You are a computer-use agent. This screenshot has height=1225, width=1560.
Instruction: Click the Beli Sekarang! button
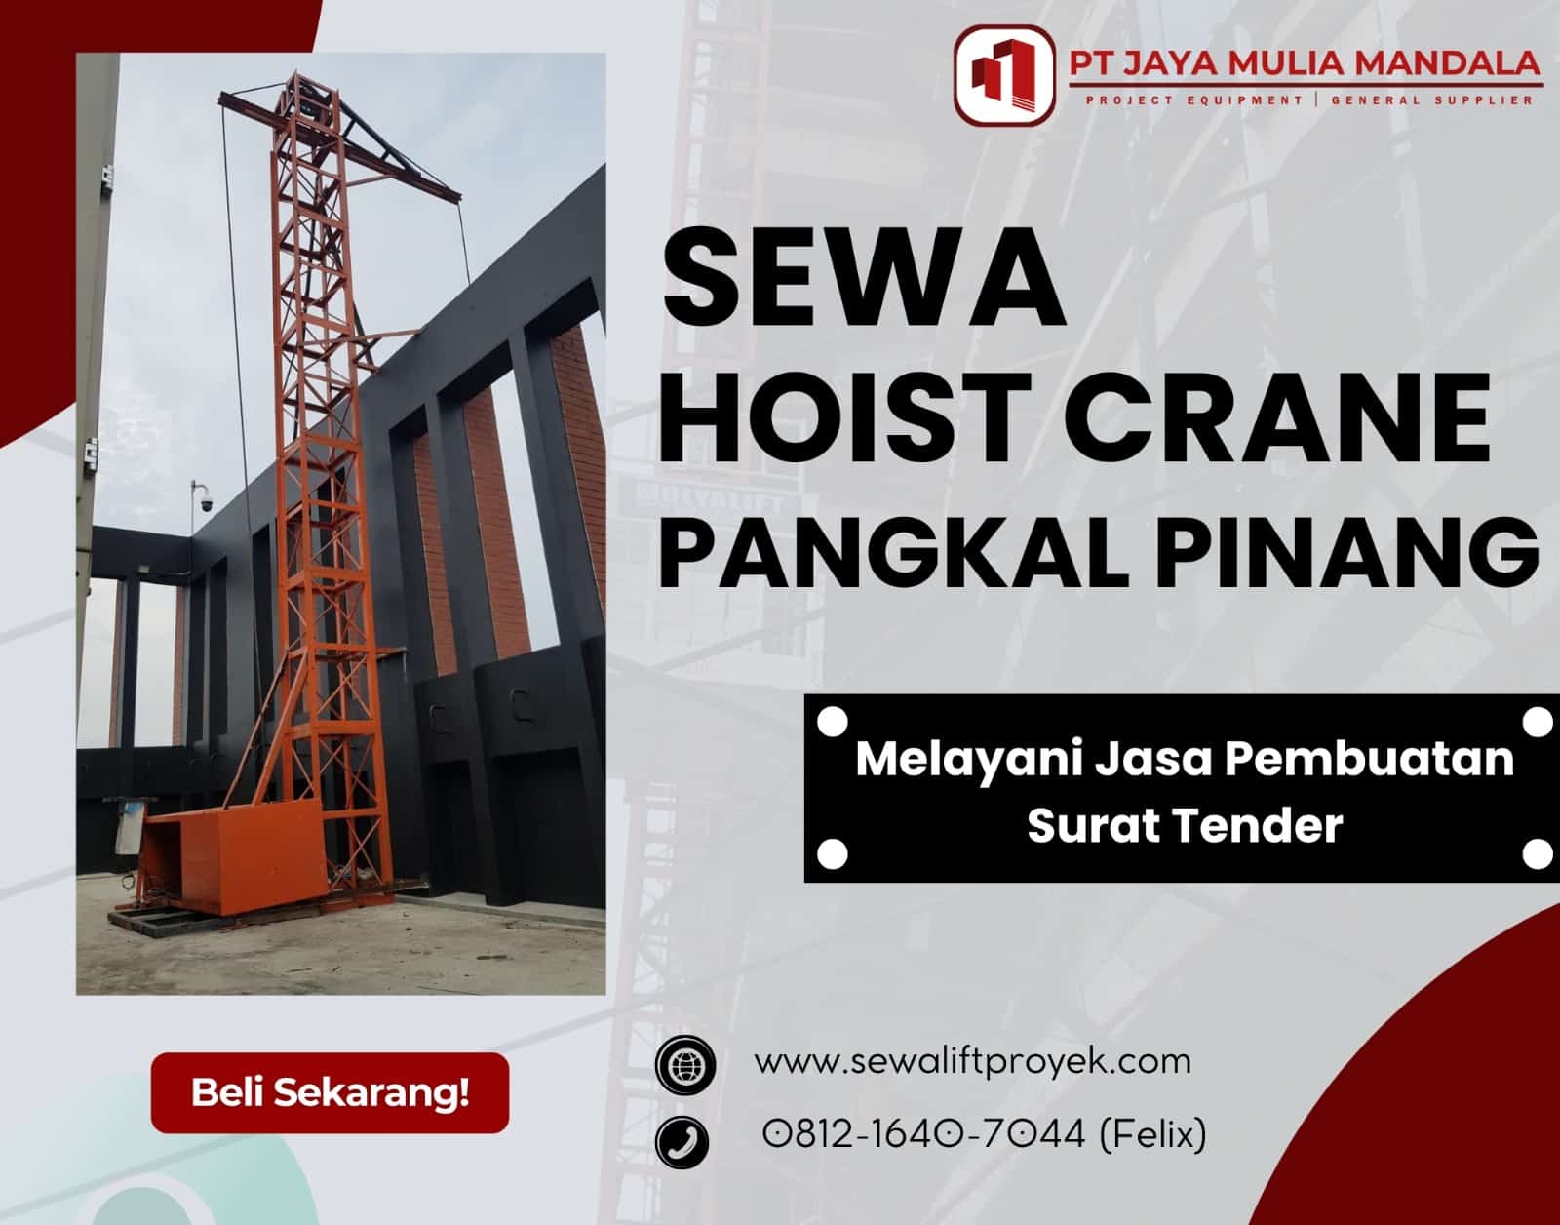pyautogui.click(x=330, y=1092)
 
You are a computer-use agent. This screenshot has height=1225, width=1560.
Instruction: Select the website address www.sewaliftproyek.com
pyautogui.click(x=972, y=1060)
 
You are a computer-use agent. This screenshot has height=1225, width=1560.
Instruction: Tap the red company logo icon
pyautogui.click(x=1003, y=75)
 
